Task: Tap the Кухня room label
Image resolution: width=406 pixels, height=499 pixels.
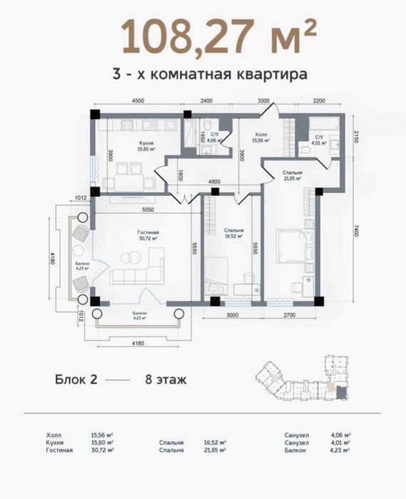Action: (147, 143)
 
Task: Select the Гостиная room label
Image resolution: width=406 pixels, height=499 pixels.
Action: (148, 232)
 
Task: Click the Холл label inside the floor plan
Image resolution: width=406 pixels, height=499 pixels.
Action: (261, 133)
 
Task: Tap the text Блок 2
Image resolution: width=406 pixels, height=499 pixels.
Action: (76, 379)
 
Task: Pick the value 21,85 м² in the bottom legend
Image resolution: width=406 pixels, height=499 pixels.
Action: (215, 451)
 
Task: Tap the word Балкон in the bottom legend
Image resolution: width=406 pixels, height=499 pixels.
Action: (295, 451)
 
